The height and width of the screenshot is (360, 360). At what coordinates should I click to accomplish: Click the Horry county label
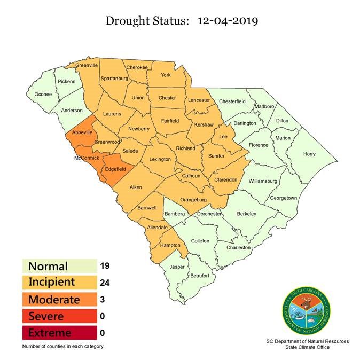pyautogui.click(x=309, y=154)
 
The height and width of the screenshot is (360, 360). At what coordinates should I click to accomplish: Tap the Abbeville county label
pyautogui.click(x=82, y=132)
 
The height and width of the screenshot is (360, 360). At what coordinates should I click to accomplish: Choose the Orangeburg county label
pyautogui.click(x=193, y=200)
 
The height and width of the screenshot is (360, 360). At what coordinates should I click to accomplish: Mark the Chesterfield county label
pyautogui.click(x=232, y=100)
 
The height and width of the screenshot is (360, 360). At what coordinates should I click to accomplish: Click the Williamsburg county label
pyautogui.click(x=263, y=181)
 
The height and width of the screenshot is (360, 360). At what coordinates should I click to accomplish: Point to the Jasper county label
pyautogui.click(x=177, y=267)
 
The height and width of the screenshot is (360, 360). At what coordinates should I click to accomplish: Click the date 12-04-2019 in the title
pyautogui.click(x=228, y=21)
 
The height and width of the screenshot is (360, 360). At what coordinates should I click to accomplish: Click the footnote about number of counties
pyautogui.click(x=63, y=346)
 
